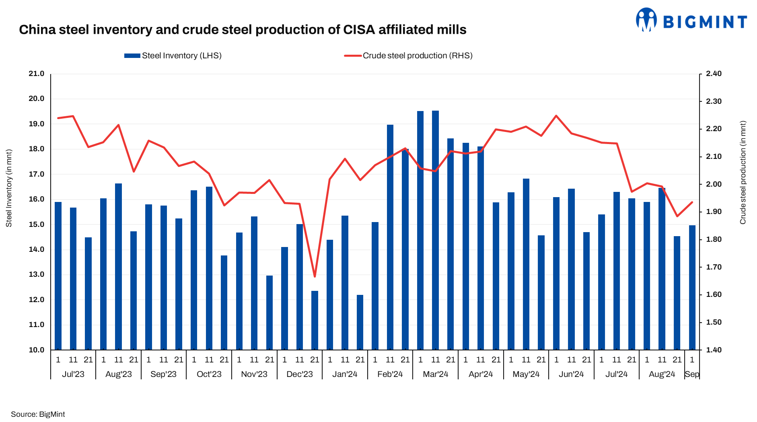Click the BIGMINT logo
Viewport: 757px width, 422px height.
[691, 20]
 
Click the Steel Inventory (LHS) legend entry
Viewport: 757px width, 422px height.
[173, 56]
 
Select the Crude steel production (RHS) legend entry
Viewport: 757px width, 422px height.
[409, 56]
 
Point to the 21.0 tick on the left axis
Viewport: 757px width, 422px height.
[36, 74]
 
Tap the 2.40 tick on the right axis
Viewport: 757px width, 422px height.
[714, 74]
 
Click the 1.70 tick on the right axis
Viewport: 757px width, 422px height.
[714, 267]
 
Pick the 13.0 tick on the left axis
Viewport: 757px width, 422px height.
[36, 274]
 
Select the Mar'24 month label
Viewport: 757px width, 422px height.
[435, 374]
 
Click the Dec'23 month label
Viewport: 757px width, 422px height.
[299, 374]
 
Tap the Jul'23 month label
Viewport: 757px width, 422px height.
[73, 374]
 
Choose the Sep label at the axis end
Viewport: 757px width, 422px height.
[692, 374]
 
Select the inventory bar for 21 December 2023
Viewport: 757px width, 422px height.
[315, 320]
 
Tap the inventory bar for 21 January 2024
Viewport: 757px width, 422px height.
[360, 322]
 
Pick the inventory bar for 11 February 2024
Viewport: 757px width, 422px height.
[390, 237]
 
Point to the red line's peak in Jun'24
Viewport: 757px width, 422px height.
[556, 116]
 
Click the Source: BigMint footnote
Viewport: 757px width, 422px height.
[38, 414]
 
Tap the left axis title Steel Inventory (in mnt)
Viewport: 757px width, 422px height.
[9, 188]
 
